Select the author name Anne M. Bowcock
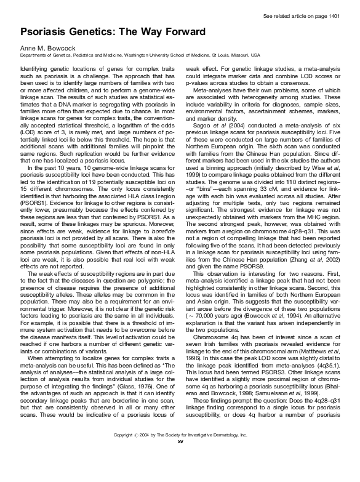pyautogui.click(x=48, y=47)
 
